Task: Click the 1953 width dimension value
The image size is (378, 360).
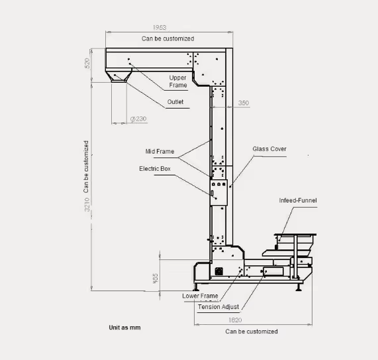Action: (160, 28)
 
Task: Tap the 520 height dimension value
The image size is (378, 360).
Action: (87, 63)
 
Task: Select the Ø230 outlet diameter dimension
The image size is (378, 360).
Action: (138, 119)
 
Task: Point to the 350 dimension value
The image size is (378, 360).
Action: (243, 103)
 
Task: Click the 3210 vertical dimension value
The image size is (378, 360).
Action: (87, 205)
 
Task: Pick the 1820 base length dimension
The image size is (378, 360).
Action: (235, 320)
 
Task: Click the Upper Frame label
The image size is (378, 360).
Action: (178, 81)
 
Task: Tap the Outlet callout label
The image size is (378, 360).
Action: (175, 102)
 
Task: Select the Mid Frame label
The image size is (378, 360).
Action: (160, 152)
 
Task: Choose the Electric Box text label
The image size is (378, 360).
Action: (155, 169)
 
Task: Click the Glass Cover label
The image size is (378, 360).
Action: (269, 149)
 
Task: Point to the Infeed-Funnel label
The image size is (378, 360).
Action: (298, 201)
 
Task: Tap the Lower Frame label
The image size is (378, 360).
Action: (200, 296)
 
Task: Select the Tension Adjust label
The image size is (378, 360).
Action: (218, 307)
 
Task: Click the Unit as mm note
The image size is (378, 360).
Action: (124, 328)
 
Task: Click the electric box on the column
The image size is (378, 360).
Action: (218, 193)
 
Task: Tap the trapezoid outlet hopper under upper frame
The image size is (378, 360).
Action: (118, 75)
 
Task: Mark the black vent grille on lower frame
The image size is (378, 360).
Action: (218, 271)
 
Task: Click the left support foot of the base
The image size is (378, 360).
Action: (196, 287)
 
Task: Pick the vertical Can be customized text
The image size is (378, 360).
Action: (86, 167)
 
